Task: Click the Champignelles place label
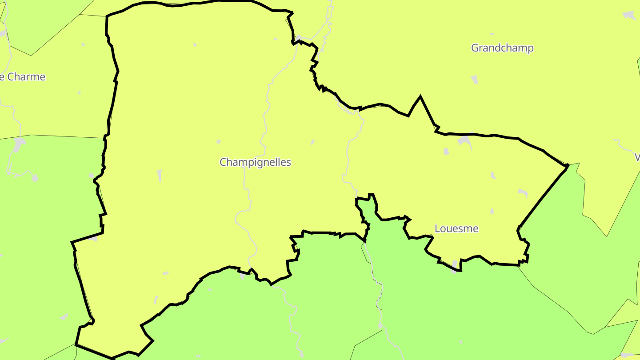(x=255, y=162)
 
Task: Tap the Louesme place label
(x=456, y=229)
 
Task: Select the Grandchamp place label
(x=502, y=48)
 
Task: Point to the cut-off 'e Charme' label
(x=22, y=77)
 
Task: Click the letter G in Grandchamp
(x=475, y=48)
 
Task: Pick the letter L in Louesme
(x=437, y=229)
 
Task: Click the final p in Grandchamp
(x=530, y=49)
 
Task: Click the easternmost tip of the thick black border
(x=568, y=165)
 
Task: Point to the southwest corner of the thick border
(x=76, y=344)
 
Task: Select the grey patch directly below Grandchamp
(x=475, y=80)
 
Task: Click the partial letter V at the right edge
(x=637, y=157)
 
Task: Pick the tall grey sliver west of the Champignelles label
(x=159, y=176)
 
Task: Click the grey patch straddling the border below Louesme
(x=454, y=265)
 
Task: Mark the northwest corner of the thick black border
(x=107, y=17)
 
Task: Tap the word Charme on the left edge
(x=27, y=77)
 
